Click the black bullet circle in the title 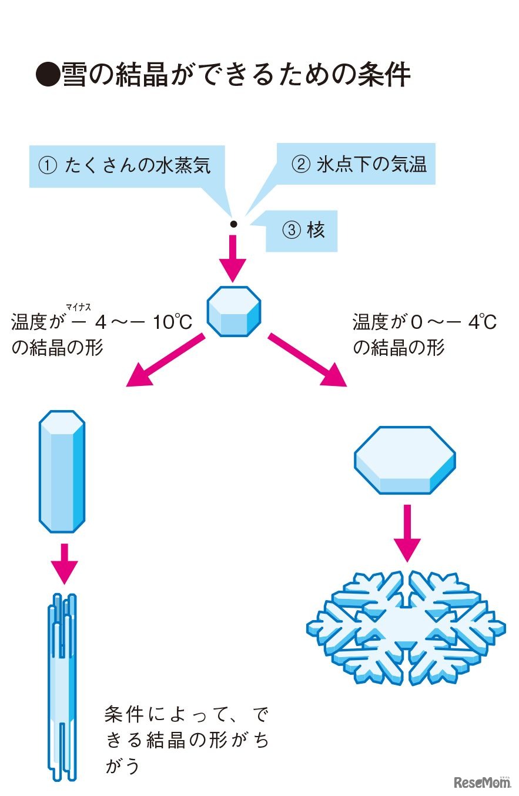[x=48, y=75]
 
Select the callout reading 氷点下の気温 [x=359, y=164]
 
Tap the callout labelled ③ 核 [x=302, y=231]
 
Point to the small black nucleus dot [x=233, y=224]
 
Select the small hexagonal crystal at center [x=234, y=312]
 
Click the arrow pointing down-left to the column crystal [x=164, y=360]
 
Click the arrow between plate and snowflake [x=405, y=532]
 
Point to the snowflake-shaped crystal [x=406, y=626]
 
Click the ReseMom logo [x=481, y=781]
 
